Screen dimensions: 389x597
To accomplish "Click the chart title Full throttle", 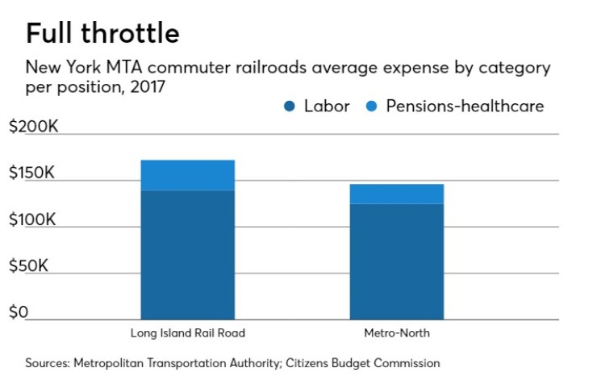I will point(102,33).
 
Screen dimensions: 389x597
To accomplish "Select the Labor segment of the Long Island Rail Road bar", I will point(187,254).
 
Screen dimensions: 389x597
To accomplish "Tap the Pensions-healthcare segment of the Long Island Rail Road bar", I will point(187,175).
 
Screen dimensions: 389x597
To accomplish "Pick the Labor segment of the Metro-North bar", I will point(396,261).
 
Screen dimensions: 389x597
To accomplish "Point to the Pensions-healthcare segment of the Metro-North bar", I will point(396,194).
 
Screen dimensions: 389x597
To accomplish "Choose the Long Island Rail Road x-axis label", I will point(187,333).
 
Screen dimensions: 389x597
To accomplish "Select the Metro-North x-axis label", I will point(396,333).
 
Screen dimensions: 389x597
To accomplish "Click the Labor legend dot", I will point(289,107).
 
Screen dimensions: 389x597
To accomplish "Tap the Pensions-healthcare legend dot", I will point(372,107).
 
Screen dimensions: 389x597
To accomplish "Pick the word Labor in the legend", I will point(327,106).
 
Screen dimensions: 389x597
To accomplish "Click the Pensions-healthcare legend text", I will point(465,106).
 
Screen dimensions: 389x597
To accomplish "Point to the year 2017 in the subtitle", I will point(148,86).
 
